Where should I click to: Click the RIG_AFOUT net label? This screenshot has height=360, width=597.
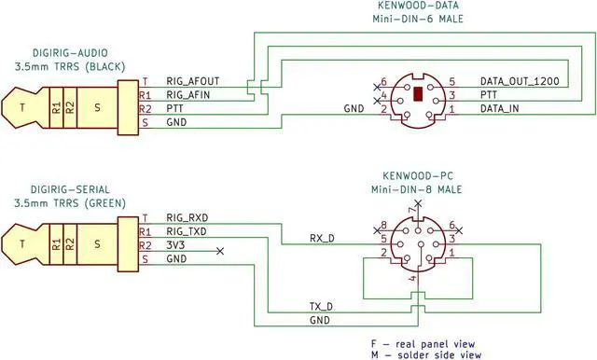click(x=194, y=81)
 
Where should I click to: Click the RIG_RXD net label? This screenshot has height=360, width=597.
click(x=189, y=217)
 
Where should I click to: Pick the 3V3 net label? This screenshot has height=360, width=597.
click(x=176, y=245)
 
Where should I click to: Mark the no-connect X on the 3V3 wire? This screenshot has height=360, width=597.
click(x=219, y=251)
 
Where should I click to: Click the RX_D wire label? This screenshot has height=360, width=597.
click(x=322, y=238)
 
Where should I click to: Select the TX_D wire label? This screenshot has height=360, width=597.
click(x=322, y=306)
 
